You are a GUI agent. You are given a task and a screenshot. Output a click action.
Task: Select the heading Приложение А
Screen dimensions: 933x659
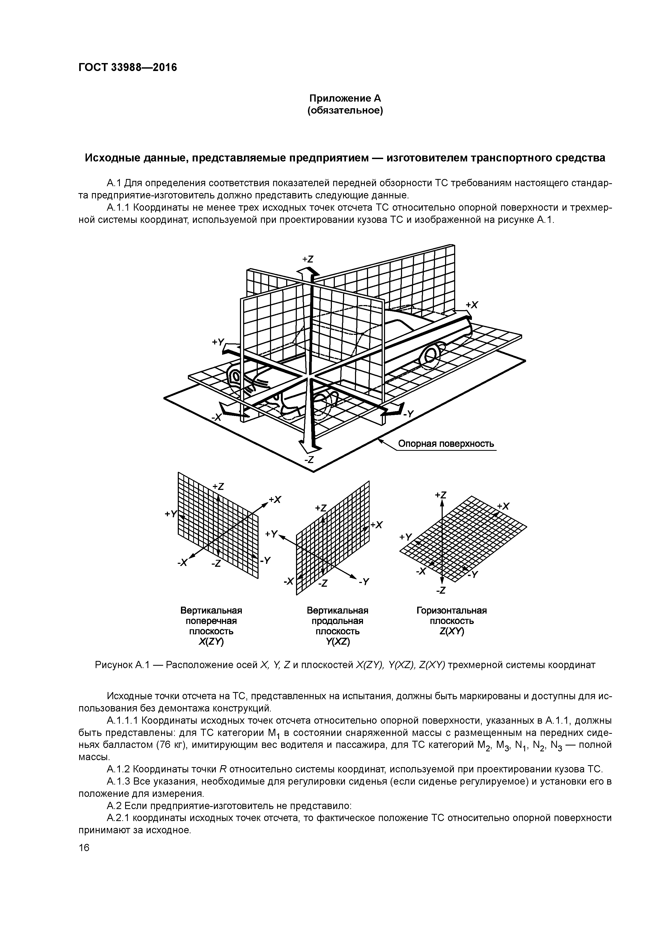pyautogui.click(x=345, y=98)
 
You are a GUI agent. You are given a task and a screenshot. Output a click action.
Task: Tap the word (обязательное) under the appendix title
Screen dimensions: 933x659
pyautogui.click(x=345, y=111)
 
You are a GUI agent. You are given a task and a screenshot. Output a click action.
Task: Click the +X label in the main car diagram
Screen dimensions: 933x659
pyautogui.click(x=472, y=305)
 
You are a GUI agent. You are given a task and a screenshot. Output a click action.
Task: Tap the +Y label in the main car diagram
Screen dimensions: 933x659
pyautogui.click(x=218, y=343)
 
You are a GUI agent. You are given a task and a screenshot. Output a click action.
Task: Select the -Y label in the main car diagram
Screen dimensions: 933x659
pyautogui.click(x=408, y=414)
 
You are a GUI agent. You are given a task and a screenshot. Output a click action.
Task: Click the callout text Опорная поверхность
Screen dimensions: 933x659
pyautogui.click(x=446, y=444)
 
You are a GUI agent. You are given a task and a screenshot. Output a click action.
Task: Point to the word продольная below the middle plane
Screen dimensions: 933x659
pyautogui.click(x=337, y=621)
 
